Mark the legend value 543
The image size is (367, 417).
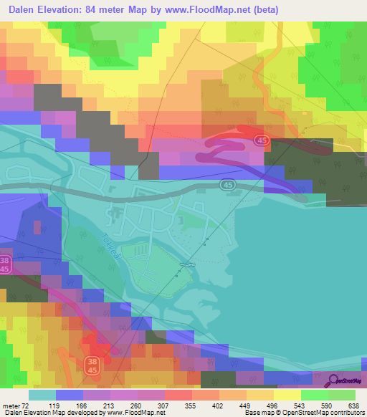(x=299, y=405)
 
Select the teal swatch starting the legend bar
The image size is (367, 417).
(x=42, y=394)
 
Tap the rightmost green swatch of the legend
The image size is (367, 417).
(x=342, y=394)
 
